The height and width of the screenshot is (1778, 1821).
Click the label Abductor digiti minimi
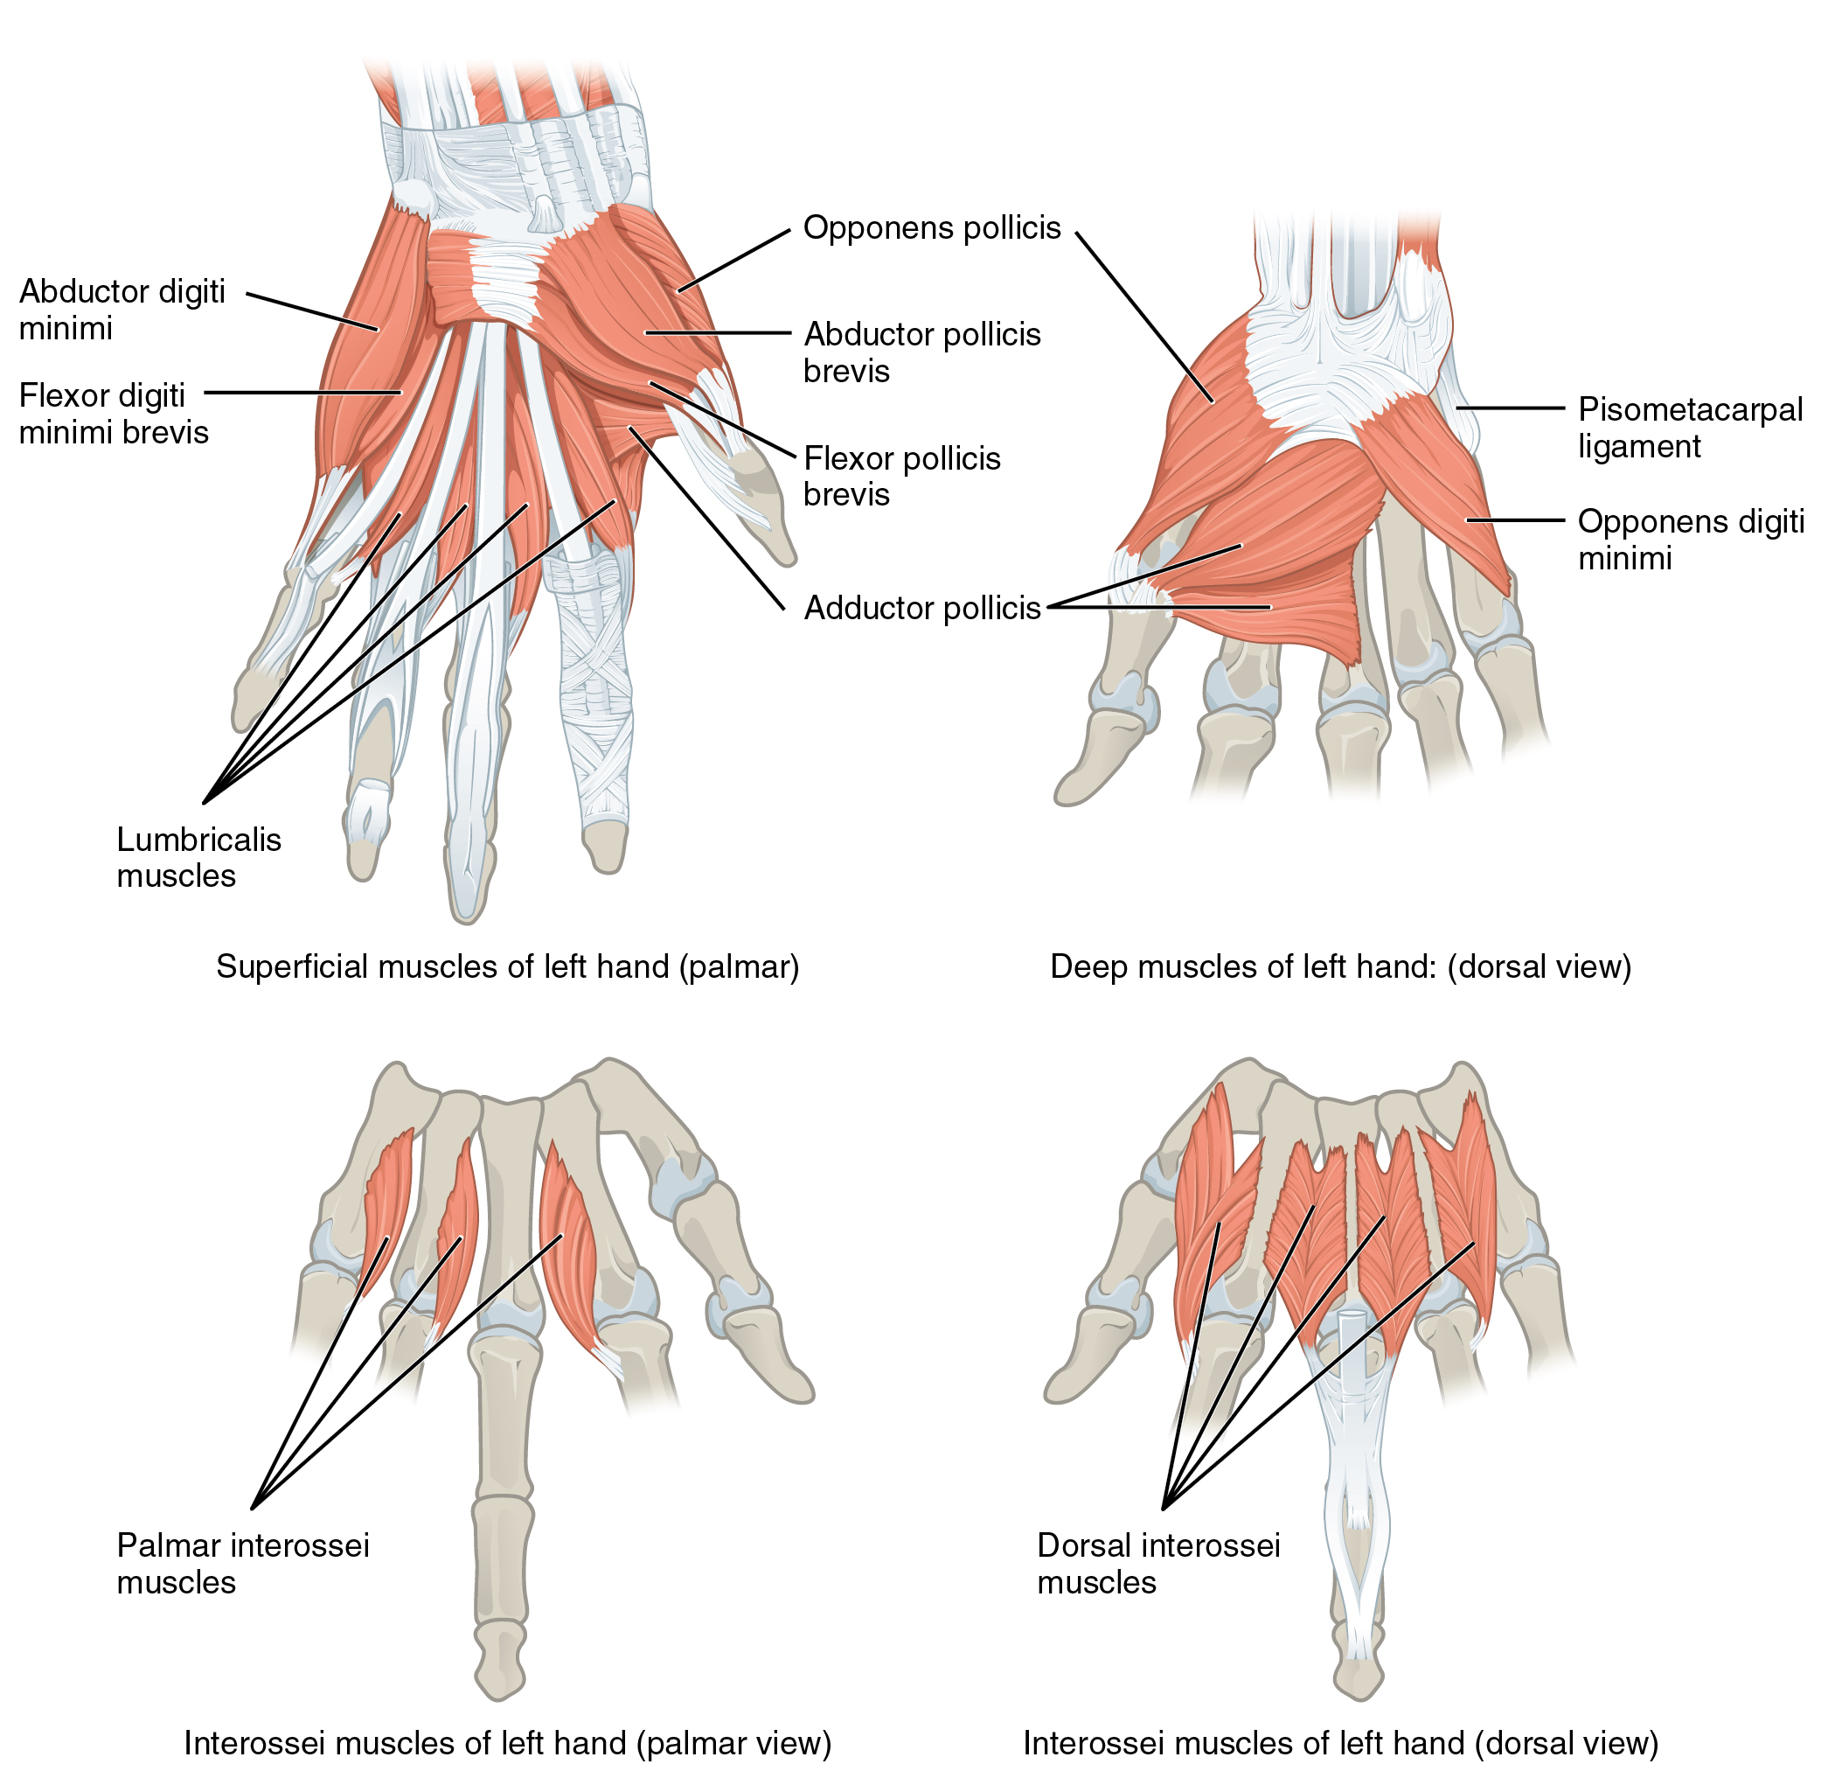pyautogui.click(x=122, y=309)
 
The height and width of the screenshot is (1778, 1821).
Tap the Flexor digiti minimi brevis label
pyautogui.click(x=113, y=413)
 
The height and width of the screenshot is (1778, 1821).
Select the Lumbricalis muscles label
pyautogui.click(x=198, y=856)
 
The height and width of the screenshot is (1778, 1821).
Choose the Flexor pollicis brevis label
pyautogui.click(x=900, y=475)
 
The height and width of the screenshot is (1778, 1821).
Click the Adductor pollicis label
pyautogui.click(x=921, y=608)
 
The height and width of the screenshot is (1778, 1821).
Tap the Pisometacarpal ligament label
pyautogui.click(x=1688, y=427)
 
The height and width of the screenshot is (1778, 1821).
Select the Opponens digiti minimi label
pyautogui.click(x=1689, y=539)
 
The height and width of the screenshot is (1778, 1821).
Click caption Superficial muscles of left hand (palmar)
pyautogui.click(x=507, y=966)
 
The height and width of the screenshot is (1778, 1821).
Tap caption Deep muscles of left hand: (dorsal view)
pyautogui.click(x=1339, y=966)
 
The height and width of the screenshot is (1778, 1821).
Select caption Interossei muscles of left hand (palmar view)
pyautogui.click(x=507, y=1742)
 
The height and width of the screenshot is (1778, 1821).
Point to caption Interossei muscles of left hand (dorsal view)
pyautogui.click(x=1339, y=1742)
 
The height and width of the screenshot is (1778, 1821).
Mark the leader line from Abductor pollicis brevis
pyautogui.click(x=719, y=332)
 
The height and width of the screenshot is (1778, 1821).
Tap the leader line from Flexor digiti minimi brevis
pyautogui.click(x=303, y=392)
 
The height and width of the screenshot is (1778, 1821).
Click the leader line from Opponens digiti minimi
pyautogui.click(x=1514, y=519)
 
